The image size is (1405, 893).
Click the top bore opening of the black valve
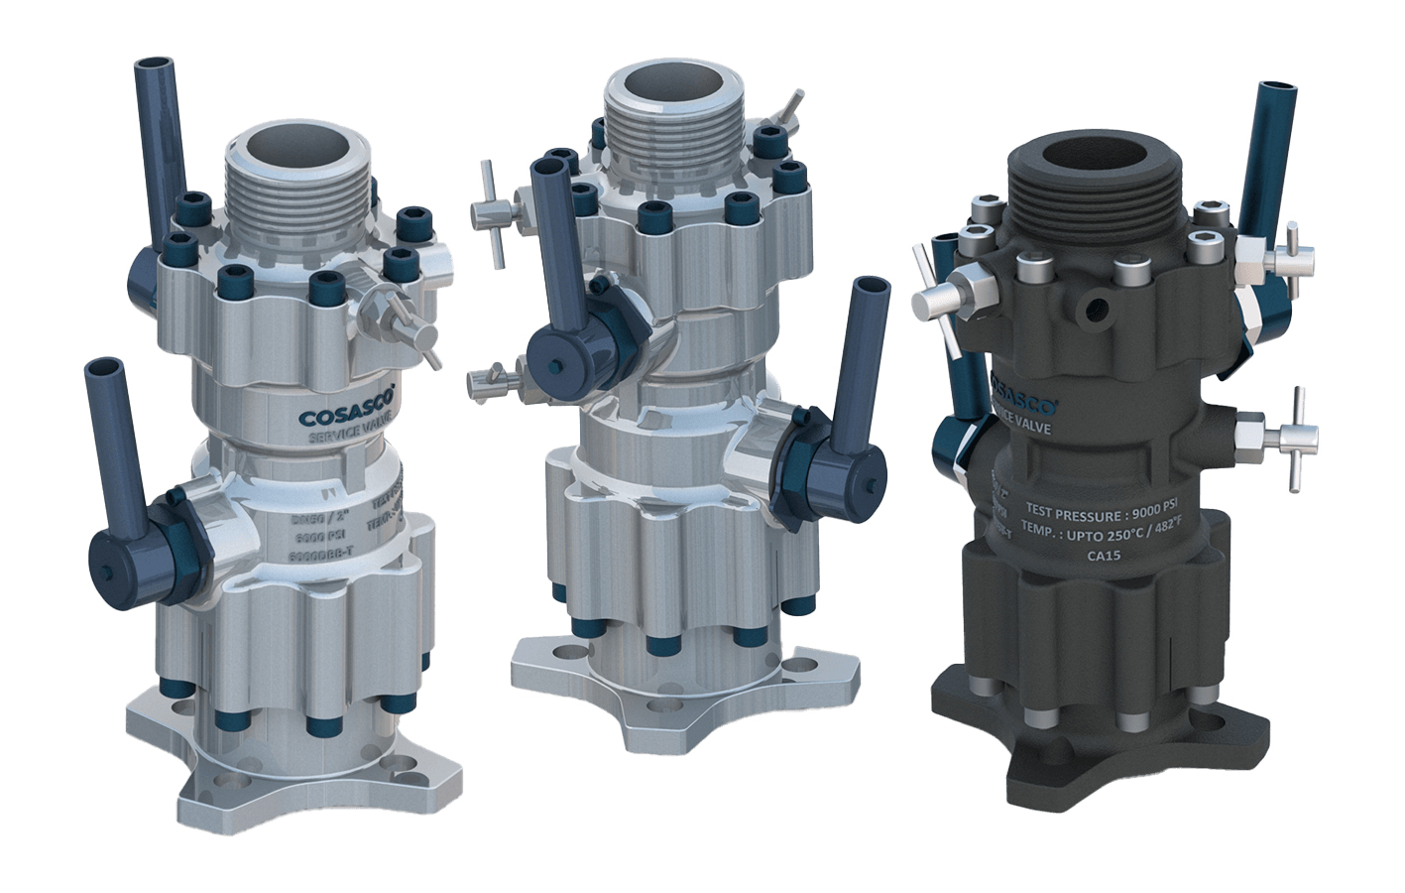coord(1094,156)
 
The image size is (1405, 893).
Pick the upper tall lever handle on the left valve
coord(162,149)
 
